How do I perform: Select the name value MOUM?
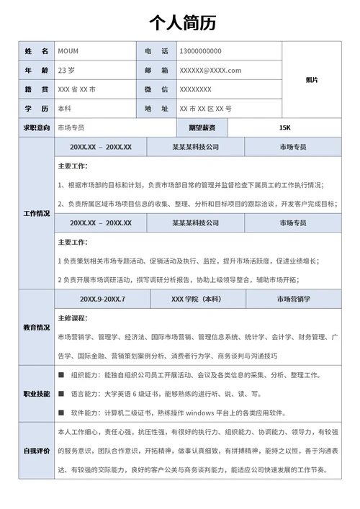point(68,51)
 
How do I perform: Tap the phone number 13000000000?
point(200,51)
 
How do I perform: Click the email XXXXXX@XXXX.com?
point(210,71)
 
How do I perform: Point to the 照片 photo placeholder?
point(312,80)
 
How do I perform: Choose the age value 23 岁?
point(67,71)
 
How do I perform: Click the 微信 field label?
point(156,89)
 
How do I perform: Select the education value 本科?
point(64,109)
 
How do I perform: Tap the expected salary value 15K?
point(284,128)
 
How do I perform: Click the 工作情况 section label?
point(37,214)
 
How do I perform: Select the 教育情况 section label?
point(37,327)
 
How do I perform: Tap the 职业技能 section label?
point(37,394)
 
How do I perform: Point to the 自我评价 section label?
point(37,451)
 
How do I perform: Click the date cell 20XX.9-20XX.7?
point(102,299)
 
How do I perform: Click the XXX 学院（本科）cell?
point(196,299)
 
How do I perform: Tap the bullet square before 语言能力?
point(61,394)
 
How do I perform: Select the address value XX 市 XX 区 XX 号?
point(205,109)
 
